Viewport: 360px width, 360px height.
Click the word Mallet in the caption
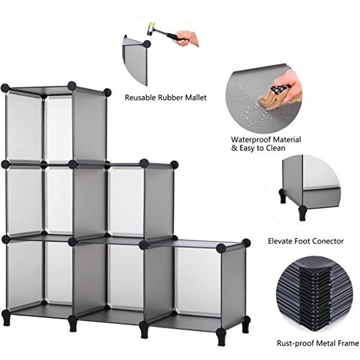tap(196, 98)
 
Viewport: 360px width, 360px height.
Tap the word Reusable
tap(140, 98)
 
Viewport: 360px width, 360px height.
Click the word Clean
tap(275, 148)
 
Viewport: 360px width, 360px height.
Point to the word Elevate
tap(280, 241)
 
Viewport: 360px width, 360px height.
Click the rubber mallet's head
tap(151, 28)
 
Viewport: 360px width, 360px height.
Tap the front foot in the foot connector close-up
tap(302, 213)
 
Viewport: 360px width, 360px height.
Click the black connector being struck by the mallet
tap(147, 44)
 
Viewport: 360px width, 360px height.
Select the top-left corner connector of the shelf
tap(5, 88)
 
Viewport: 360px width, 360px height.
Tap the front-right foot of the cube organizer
tap(221, 337)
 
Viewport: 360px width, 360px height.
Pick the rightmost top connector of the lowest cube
tap(246, 242)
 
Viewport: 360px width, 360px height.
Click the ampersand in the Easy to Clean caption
tap(234, 148)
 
